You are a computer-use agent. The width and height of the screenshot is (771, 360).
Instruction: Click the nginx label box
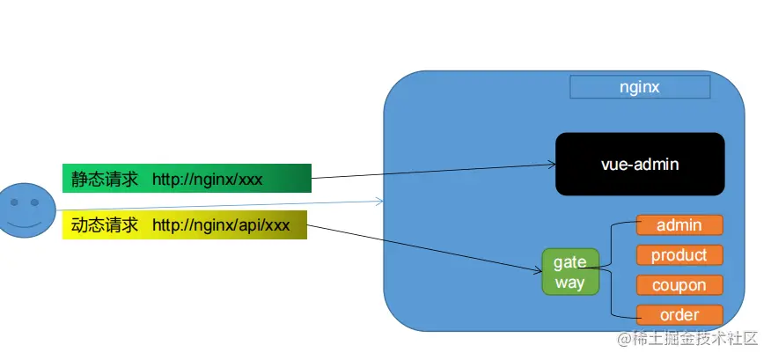639,87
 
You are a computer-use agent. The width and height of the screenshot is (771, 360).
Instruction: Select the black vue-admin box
639,164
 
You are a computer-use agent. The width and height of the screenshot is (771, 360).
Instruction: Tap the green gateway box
569,272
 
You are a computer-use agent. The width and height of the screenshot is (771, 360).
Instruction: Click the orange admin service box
679,225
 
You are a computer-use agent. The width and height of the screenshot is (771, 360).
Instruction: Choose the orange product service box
679,255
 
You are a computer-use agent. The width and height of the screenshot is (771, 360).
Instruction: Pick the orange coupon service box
679,285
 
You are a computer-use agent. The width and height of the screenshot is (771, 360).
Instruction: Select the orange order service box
679,315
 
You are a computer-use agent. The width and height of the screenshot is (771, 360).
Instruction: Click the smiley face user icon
27,209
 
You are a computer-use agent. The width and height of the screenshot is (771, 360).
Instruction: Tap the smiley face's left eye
17,202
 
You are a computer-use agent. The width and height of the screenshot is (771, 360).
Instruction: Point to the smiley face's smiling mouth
27,223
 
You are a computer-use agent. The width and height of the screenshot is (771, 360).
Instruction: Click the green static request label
187,179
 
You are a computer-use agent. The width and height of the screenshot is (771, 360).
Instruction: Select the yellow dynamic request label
184,225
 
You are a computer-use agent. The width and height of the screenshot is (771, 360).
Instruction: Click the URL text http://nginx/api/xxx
221,225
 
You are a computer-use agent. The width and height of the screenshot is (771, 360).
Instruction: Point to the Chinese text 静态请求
105,180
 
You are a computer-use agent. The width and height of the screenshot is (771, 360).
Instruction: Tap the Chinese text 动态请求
105,225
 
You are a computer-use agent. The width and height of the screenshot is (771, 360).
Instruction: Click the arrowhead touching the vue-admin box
551,165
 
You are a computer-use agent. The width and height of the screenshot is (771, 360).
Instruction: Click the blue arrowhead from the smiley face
379,202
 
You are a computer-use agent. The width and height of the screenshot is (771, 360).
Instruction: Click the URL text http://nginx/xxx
208,180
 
